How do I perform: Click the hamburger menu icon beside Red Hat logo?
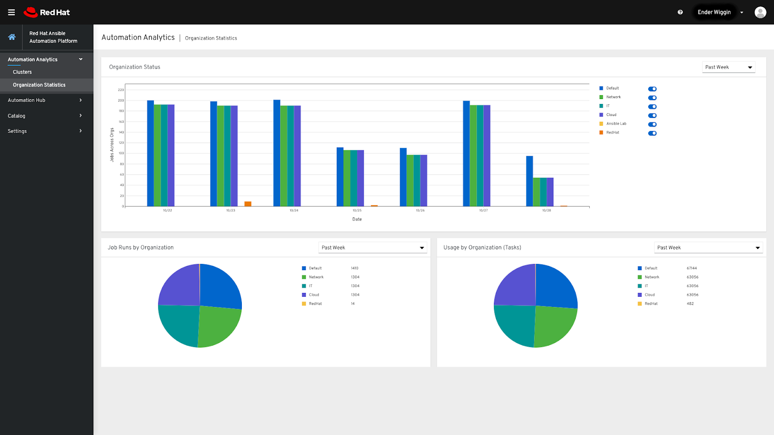[12, 12]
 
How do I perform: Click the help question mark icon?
[680, 12]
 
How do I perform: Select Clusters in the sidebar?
[22, 72]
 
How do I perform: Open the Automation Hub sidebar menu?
[45, 100]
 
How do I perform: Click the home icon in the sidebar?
[12, 37]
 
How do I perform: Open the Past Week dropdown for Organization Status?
[729, 67]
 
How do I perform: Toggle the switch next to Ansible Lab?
[652, 124]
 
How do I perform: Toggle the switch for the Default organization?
[652, 89]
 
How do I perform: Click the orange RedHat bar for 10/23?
[248, 204]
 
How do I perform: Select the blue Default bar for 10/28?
[530, 181]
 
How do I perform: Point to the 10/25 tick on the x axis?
[357, 210]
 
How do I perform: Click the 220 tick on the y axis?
[121, 90]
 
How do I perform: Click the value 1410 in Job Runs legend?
[355, 268]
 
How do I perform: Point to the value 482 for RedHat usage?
[690, 304]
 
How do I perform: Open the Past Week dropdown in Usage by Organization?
[708, 247]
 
